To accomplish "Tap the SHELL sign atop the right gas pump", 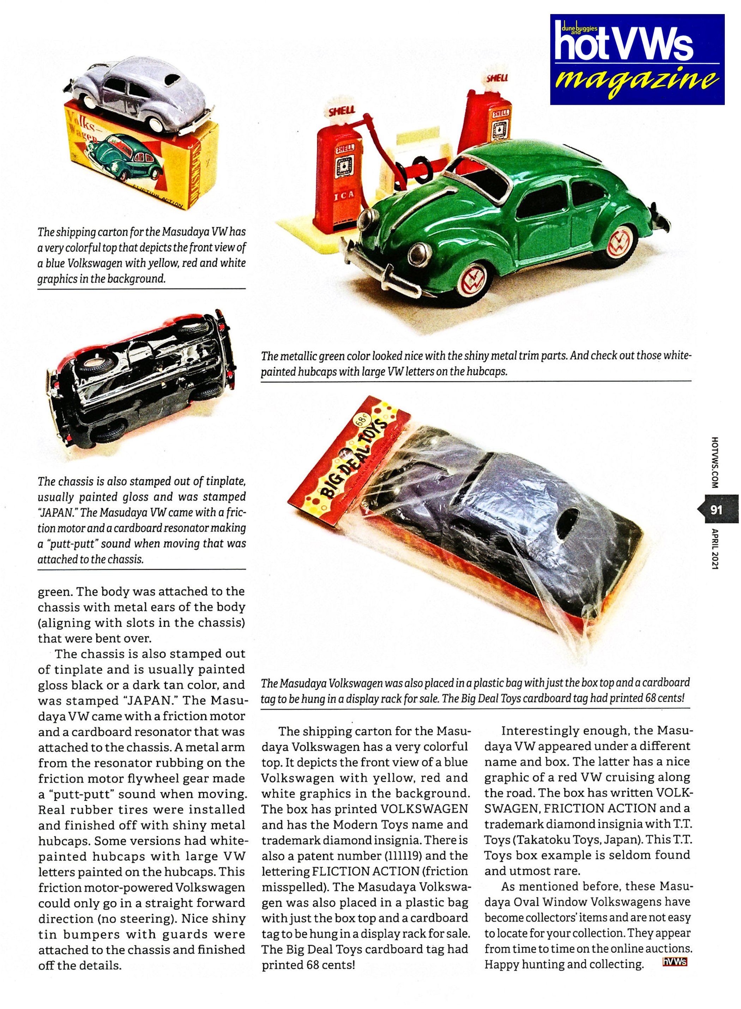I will pos(497,78).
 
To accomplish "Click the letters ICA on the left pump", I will pos(344,195).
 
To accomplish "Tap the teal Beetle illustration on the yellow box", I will pos(129,157).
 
